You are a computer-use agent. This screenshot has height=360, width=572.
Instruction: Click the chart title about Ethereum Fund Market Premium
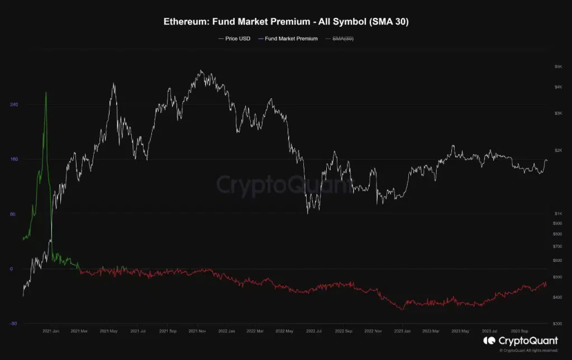[286, 22]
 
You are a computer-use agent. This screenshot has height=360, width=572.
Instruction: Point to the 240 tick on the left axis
[15, 104]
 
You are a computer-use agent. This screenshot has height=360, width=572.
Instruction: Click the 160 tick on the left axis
[15, 159]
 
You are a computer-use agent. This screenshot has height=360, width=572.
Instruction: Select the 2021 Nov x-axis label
[198, 331]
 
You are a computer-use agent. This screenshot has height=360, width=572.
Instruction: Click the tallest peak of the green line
[46, 93]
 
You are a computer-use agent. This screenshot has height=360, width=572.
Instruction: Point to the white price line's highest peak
[201, 71]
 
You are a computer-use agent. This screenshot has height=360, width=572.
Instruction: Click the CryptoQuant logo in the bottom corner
[521, 340]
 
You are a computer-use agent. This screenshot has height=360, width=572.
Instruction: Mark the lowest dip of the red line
[401, 309]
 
